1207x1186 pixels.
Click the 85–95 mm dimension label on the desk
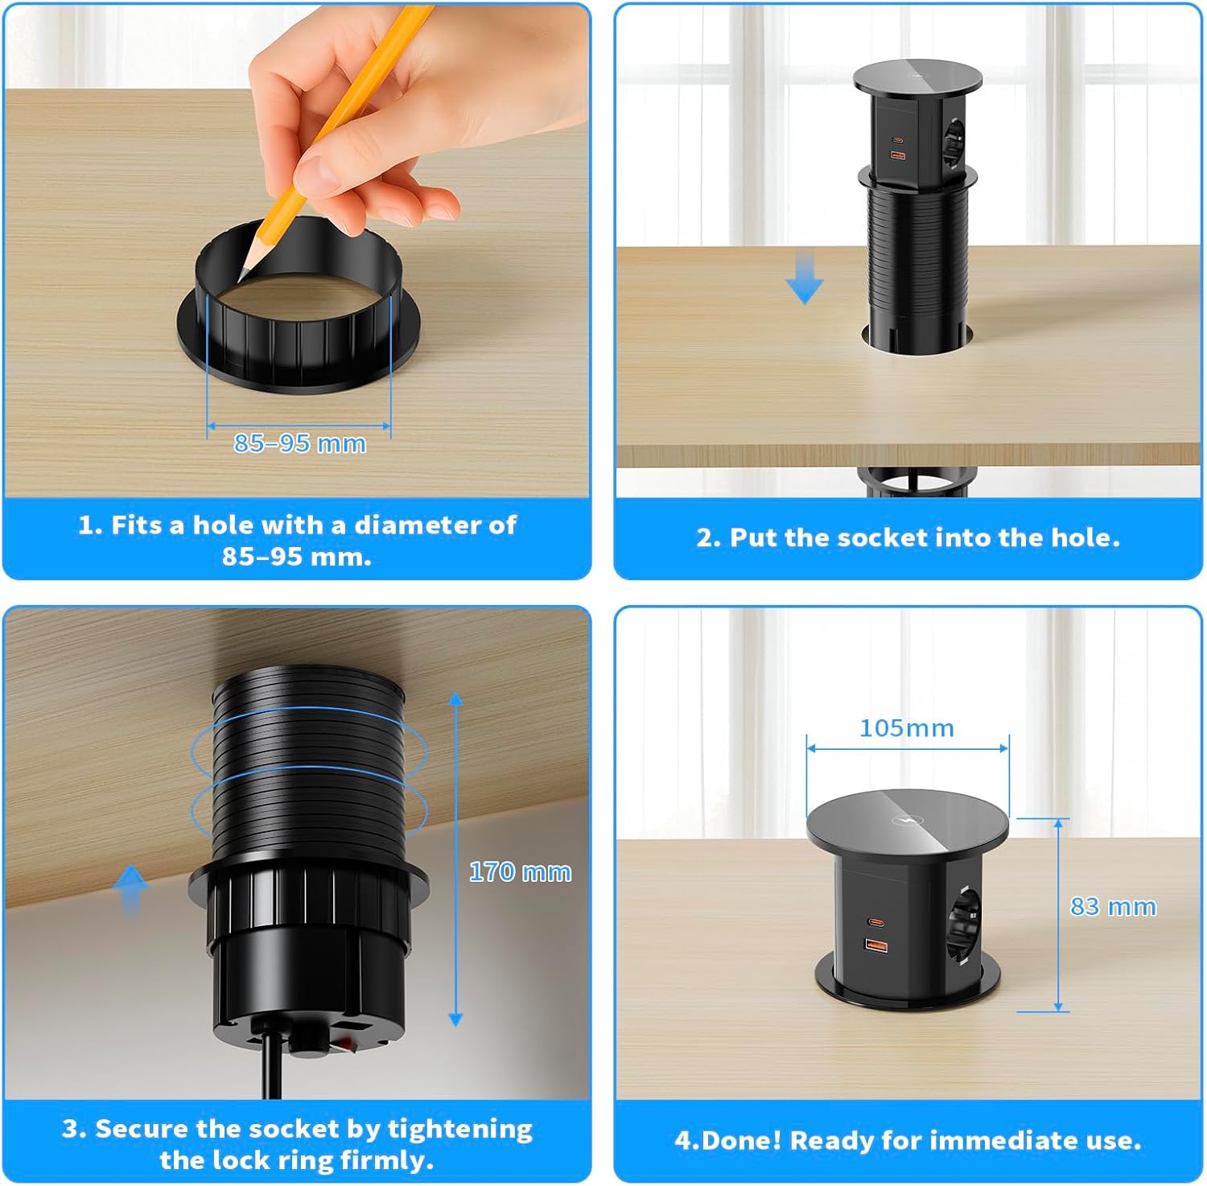(299, 443)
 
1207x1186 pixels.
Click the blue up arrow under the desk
(130, 890)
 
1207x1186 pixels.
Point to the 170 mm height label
(520, 872)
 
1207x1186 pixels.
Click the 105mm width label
(906, 728)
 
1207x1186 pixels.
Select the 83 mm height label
(1113, 907)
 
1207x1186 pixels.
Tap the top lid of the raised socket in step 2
(917, 78)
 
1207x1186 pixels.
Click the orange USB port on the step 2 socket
(896, 154)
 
